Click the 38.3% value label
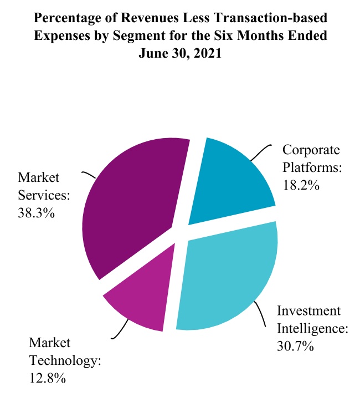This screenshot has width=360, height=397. tap(37, 212)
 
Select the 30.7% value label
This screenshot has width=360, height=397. tap(295, 347)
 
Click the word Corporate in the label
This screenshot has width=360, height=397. tap(311, 150)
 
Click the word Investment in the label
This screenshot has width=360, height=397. tap(308, 311)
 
